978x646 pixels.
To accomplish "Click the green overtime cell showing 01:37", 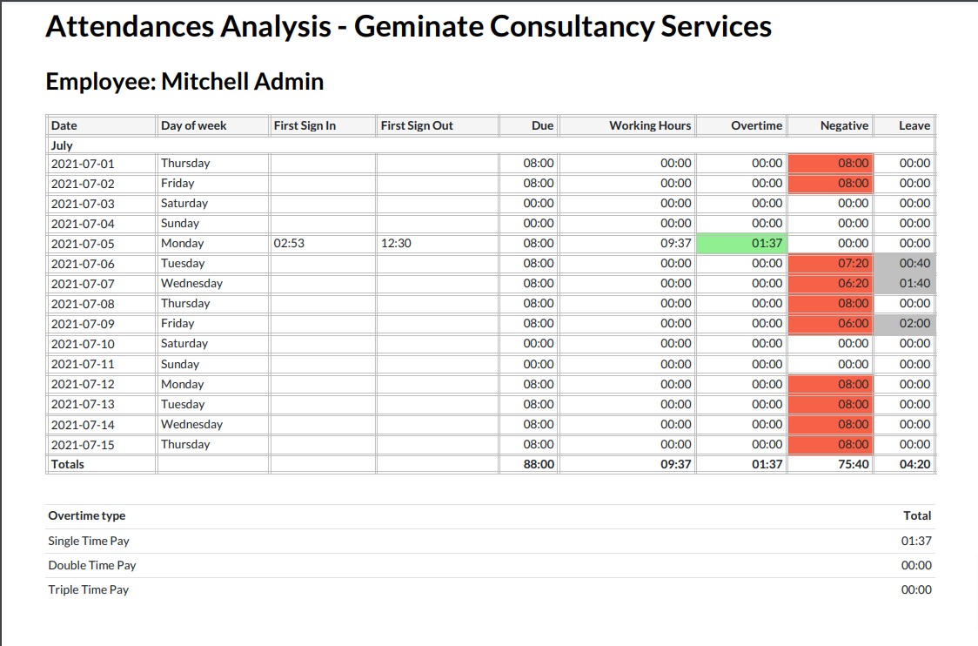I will coord(742,244).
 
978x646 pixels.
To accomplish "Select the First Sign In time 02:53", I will coord(289,244).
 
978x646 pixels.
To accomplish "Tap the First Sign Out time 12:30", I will coord(396,244).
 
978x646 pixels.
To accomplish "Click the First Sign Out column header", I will coord(417,125).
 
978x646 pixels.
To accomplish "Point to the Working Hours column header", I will coord(650,125).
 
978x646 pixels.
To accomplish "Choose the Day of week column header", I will coord(193,125).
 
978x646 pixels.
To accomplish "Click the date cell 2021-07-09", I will coord(83,324).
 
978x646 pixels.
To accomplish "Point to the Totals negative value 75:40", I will coord(853,465).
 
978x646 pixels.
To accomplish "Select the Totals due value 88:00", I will coord(539,465).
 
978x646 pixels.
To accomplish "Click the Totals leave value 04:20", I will coord(914,465).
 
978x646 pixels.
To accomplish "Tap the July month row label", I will coord(62,145).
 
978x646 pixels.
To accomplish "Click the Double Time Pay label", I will coord(92,565).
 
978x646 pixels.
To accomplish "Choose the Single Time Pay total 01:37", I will coord(916,541).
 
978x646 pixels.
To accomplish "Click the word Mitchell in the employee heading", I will coord(204,82).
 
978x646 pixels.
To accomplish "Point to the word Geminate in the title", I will coord(418,26).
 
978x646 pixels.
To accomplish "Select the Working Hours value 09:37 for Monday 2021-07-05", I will coord(675,244).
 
